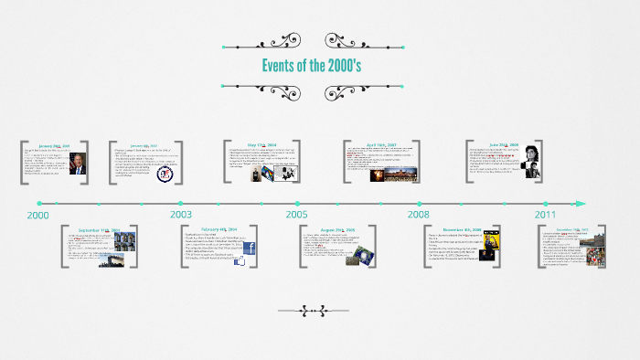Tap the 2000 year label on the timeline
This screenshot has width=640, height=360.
pos(37,215)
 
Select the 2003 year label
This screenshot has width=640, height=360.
pos(181,215)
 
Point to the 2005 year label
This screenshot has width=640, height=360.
pos(296,215)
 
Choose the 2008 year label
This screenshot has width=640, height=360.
pos(419,215)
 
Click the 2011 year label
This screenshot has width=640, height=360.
pos(546,215)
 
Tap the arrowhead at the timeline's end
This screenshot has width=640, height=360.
pos(580,203)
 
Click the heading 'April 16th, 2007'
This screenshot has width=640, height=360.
pos(382,144)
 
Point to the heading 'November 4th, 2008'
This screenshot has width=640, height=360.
pos(462,229)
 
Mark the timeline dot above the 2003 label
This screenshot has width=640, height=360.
pos(181,203)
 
